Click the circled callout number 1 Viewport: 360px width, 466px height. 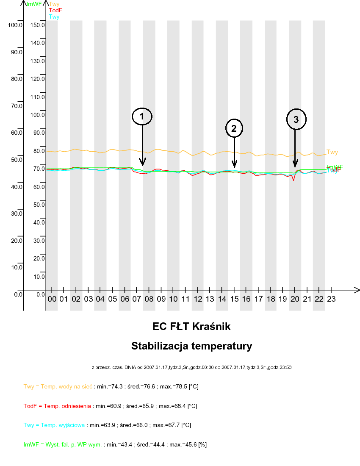point(142,116)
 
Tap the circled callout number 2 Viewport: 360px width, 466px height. point(234,128)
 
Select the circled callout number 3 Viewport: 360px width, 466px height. point(296,119)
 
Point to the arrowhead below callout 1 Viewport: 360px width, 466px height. point(142,162)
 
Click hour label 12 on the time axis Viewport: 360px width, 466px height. point(198,299)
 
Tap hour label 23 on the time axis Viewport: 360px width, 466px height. point(331,299)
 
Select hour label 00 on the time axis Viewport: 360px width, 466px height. point(52,299)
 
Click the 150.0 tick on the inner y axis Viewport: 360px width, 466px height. point(38,25)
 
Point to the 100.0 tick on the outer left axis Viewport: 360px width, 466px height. point(15,25)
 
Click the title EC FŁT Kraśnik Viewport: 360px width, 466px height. point(191,327)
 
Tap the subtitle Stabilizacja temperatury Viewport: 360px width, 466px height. point(191,346)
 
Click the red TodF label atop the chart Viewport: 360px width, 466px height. point(55,10)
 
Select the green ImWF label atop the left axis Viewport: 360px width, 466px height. point(33,4)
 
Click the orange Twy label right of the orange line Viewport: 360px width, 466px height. point(332,153)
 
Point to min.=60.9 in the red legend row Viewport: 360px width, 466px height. point(108,406)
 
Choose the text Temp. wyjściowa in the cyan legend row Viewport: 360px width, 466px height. point(68,425)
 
